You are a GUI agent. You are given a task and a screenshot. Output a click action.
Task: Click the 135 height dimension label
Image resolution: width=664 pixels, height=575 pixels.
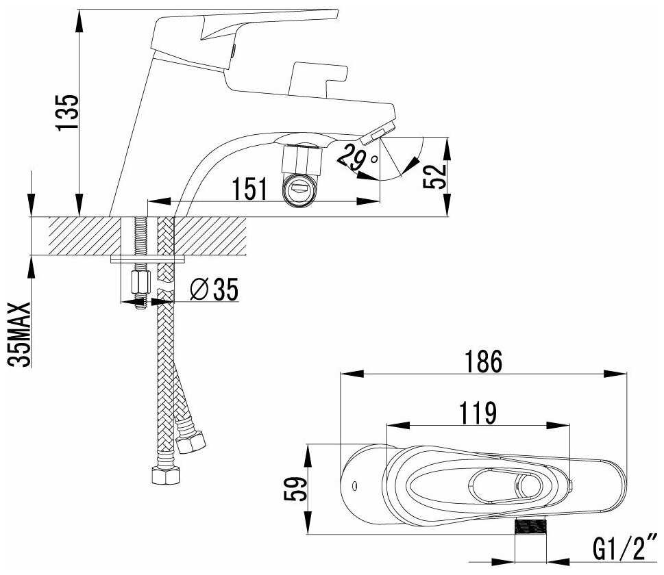[69, 112]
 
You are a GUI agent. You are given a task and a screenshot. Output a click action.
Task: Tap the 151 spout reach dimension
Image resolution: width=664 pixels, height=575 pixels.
[250, 188]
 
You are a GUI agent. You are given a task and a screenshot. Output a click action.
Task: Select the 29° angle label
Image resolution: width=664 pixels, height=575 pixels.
[356, 157]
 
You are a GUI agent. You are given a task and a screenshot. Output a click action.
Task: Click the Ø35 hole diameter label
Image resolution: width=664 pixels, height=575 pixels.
[214, 289]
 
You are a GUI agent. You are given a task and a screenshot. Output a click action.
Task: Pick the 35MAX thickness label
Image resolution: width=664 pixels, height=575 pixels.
[21, 334]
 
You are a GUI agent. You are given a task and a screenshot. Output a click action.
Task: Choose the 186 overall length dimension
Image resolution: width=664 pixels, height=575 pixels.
[483, 361]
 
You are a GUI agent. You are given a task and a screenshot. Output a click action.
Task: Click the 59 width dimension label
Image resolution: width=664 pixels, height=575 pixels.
[295, 489]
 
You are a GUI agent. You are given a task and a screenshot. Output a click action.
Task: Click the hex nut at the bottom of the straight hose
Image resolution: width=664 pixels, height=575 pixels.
[167, 475]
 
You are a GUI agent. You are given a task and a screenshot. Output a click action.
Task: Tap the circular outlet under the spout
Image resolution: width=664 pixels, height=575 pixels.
[299, 190]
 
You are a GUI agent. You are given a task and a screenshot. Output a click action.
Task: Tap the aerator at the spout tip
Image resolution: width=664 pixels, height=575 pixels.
[378, 131]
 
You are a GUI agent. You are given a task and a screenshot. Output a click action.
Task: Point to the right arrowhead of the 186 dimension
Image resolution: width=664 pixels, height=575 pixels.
[615, 374]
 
